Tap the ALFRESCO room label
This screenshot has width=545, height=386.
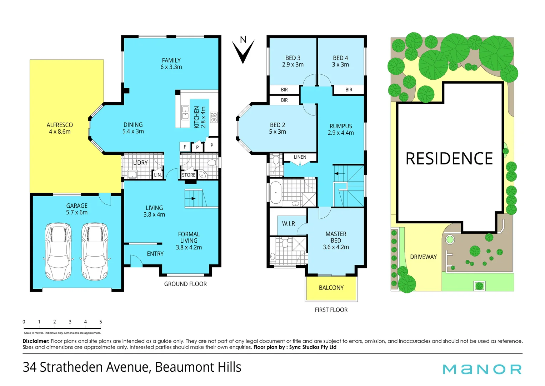pos(60,125)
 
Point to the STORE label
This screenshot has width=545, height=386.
pos(189,175)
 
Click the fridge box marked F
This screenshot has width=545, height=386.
pos(185,147)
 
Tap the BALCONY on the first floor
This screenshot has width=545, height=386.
pos(331,288)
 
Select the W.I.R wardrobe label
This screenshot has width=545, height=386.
pos(289,224)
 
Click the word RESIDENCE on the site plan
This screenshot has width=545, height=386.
pos(449,159)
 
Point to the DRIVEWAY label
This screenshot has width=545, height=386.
pos(423,257)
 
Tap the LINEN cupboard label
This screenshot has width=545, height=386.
pos(300,157)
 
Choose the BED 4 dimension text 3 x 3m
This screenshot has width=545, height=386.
pos(340,65)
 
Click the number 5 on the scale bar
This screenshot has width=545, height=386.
pos(101,322)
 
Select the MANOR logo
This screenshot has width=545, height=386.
pos(482,369)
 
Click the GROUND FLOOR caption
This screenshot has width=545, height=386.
pos(185,284)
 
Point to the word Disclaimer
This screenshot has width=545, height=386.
pos(36,341)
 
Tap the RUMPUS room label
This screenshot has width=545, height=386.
pos(341,126)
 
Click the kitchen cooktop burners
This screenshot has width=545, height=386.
pos(214,117)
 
